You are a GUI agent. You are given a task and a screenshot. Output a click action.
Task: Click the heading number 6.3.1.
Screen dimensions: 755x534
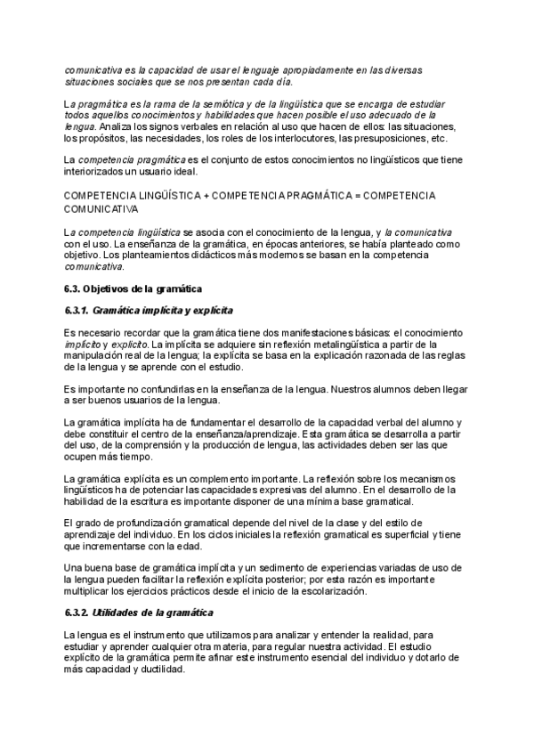[77, 310]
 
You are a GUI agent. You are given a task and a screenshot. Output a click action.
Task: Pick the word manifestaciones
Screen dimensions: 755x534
[297, 332]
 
